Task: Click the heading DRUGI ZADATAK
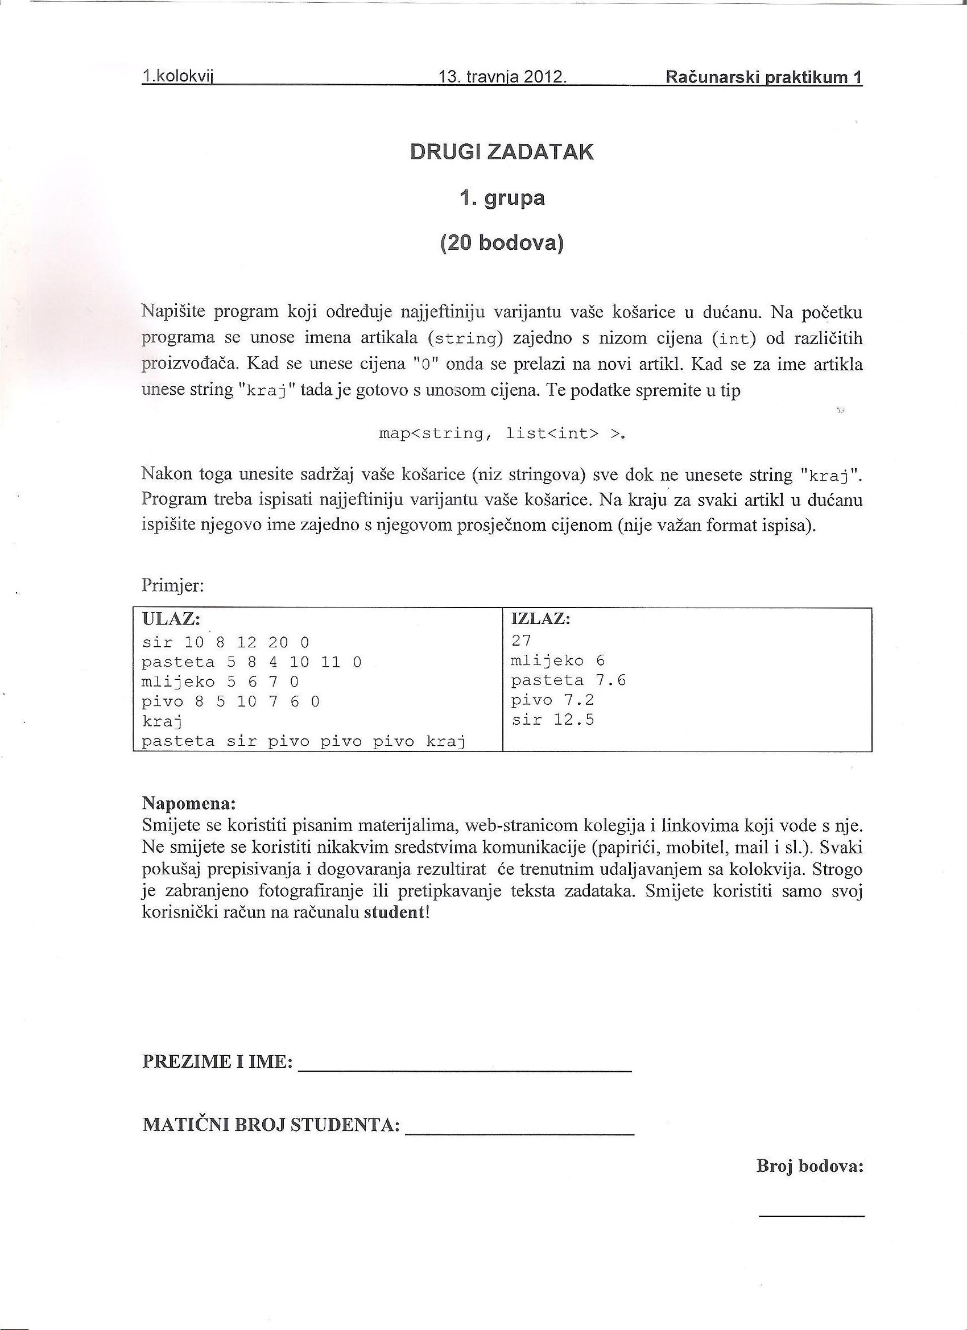pos(501,152)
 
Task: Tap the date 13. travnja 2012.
pos(502,77)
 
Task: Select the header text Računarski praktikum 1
pos(763,77)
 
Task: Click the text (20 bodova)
pos(501,243)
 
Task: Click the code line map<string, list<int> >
pos(502,434)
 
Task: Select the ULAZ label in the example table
pos(171,619)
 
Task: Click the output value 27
pos(520,641)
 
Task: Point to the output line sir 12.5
pos(552,720)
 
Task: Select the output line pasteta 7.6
pos(568,680)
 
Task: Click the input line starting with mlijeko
pos(221,682)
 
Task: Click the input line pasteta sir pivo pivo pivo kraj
pos(303,742)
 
